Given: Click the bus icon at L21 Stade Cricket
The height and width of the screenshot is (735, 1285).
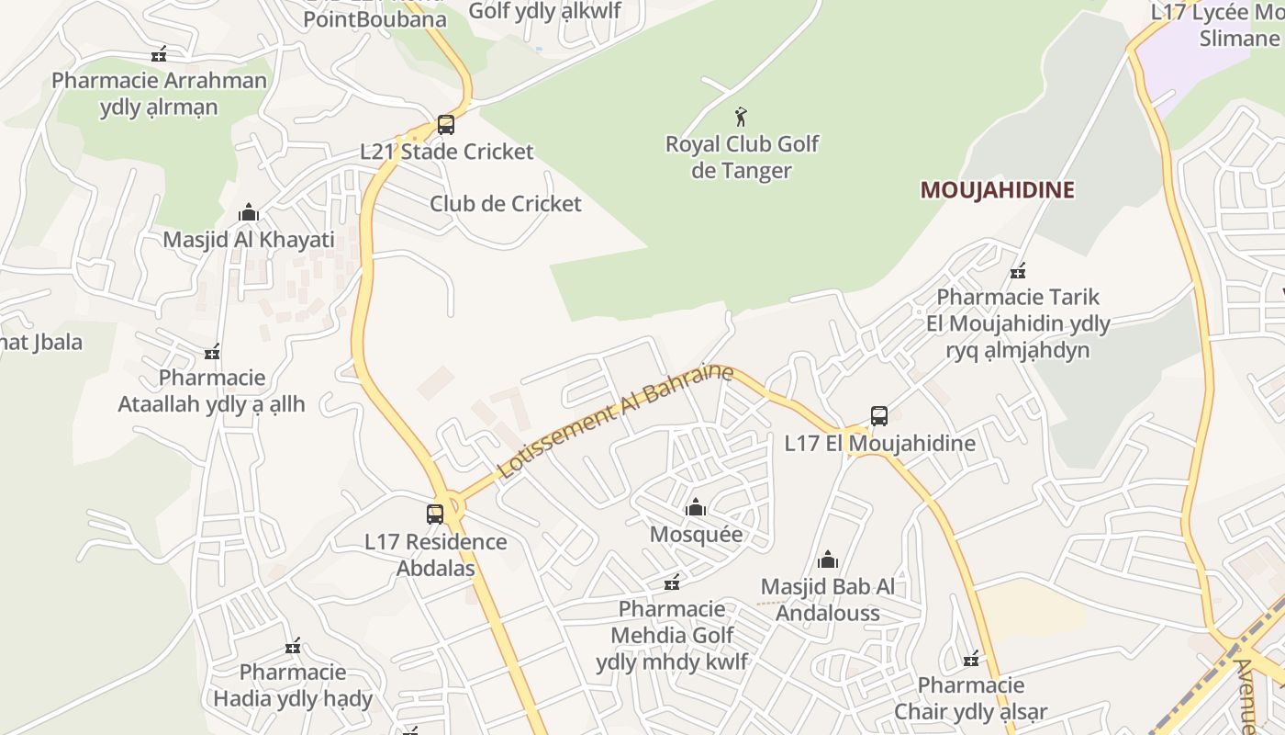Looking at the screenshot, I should tap(446, 125).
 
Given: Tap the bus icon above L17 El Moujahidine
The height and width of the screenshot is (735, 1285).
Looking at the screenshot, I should tap(878, 416).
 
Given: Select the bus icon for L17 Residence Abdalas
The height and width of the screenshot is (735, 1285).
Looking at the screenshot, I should tap(435, 514).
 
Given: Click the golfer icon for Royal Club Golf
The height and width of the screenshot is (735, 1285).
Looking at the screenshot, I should tap(741, 117).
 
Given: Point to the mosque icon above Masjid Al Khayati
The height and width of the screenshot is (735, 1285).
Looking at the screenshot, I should tap(248, 213).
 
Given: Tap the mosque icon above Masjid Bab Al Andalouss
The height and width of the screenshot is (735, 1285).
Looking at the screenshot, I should tap(828, 560).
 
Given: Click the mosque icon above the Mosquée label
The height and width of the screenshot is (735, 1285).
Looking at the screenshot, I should tap(696, 507).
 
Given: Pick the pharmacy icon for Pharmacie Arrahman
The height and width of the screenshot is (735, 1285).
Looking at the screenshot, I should tap(160, 54).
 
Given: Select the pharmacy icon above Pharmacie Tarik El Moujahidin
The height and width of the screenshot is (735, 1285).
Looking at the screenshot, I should tap(1017, 271).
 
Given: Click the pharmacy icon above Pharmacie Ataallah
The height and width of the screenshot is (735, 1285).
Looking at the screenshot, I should tap(212, 352).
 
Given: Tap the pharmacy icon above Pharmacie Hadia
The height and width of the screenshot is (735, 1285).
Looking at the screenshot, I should tap(293, 646).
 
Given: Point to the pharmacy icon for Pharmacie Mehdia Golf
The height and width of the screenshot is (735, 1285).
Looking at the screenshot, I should tap(672, 582).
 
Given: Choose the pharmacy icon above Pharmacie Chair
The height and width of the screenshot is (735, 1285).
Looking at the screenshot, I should tap(971, 659).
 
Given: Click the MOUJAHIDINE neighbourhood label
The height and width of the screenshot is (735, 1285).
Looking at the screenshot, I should tap(997, 190).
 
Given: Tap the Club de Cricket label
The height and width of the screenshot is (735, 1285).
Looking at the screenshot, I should tap(506, 203).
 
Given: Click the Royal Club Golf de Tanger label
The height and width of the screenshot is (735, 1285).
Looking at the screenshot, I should tap(742, 157).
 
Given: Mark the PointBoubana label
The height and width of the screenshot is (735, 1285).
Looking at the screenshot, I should tap(374, 18).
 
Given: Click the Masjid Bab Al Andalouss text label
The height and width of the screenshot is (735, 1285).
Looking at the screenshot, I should tap(828, 600).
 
